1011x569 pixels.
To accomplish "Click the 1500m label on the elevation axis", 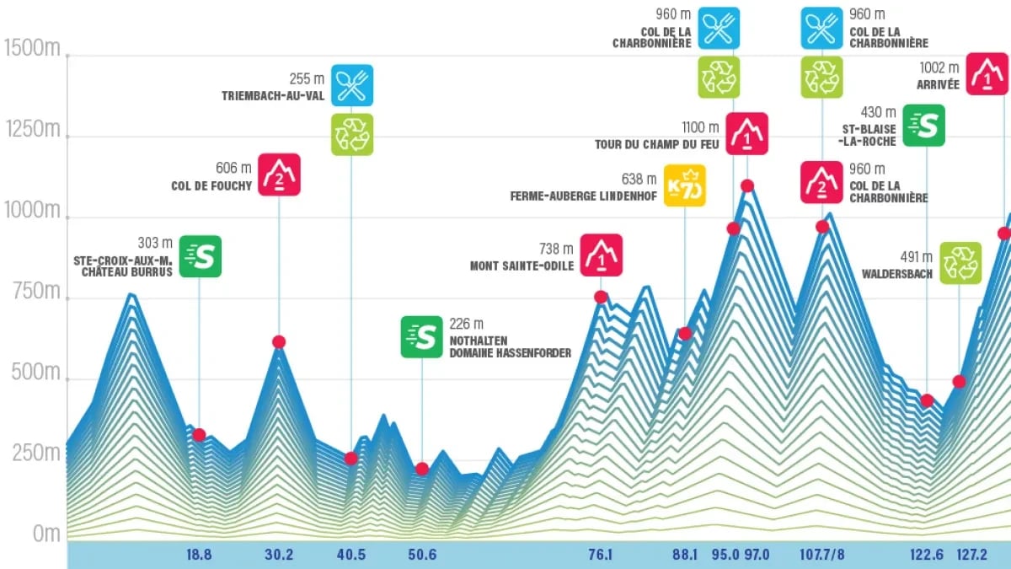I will coord(32,48).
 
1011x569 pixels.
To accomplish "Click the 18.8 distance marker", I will coord(199,554).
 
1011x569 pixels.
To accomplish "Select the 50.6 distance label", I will coord(422,554).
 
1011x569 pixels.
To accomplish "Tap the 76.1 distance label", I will coord(601,554).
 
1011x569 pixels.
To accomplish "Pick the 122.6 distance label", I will coord(927,554).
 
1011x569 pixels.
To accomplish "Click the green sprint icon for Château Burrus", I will coord(201,256).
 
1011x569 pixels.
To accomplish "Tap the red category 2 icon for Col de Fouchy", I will coord(280,174).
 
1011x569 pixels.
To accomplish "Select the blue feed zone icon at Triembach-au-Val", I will coord(352,85).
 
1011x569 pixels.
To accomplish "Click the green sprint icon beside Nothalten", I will coord(421,336).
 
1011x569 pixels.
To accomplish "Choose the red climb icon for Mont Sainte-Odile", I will coord(602,255).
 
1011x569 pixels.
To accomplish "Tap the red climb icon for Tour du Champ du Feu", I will coord(746,133).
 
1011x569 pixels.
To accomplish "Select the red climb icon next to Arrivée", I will coord(987,74).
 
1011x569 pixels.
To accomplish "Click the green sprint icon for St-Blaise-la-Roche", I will coord(924,126).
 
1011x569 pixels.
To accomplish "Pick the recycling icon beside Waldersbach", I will coord(960,263).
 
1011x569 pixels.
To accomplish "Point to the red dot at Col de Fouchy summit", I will coord(279,341).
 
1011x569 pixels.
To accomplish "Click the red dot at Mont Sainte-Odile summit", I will coord(601,297).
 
